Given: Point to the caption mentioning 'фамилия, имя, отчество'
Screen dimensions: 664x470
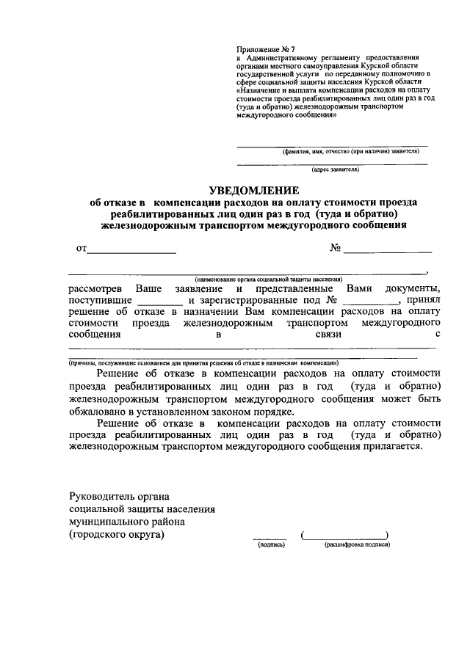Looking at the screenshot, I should pos(350,150).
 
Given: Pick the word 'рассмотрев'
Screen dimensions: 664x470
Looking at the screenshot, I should pos(95,288).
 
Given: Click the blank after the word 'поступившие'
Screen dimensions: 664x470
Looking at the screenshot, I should pos(159,301).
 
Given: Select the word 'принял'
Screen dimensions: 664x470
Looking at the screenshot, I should pos(423,300).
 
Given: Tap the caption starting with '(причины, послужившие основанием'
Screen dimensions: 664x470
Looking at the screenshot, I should pos(203,362).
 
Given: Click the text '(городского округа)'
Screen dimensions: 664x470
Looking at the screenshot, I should pos(117,535).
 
